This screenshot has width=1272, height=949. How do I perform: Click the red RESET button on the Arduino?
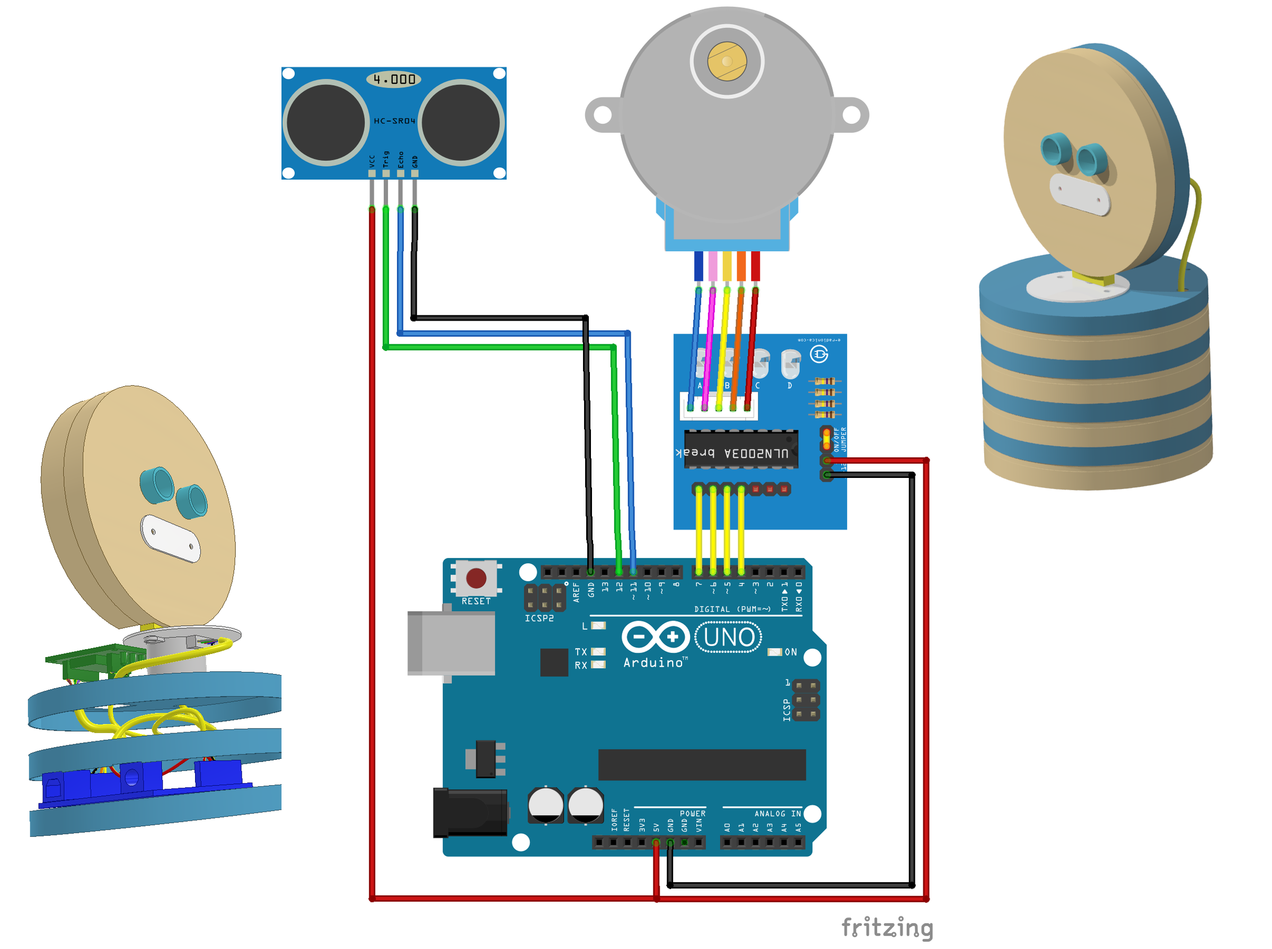476,578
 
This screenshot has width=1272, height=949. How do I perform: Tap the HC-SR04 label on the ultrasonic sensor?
394,121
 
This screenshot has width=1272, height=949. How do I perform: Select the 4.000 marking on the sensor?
394,79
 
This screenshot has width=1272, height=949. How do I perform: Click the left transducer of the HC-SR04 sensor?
325,122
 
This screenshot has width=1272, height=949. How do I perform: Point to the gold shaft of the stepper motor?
727,61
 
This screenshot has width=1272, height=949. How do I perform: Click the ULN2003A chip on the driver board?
740,450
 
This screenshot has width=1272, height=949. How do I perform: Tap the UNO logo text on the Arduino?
729,637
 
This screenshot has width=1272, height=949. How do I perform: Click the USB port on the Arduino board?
451,643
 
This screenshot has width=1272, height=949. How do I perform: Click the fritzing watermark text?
887,927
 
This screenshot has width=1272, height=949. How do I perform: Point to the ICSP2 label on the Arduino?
539,619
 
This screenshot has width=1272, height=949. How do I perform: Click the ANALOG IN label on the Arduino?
778,814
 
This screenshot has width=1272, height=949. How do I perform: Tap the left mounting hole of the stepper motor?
603,115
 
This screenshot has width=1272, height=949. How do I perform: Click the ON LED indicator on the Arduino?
775,652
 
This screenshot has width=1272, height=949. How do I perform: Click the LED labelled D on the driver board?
791,363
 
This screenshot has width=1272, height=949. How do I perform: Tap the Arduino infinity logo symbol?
656,636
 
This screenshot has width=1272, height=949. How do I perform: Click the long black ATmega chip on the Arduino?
702,765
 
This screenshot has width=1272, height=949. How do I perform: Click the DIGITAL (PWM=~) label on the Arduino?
732,609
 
